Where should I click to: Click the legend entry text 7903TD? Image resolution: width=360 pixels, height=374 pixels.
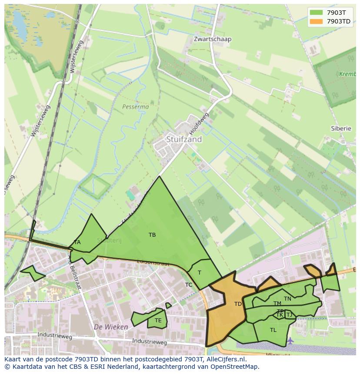click(x=339, y=21)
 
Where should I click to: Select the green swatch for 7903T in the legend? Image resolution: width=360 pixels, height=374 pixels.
click(x=317, y=13)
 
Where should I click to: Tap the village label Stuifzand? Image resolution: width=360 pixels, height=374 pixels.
click(x=184, y=139)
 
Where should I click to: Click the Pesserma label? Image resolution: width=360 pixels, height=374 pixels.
click(x=135, y=106)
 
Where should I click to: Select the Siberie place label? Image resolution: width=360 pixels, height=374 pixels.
click(x=341, y=129)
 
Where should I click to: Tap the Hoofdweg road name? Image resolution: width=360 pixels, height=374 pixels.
click(x=199, y=123)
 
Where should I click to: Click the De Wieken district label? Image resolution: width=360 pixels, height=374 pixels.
click(x=111, y=327)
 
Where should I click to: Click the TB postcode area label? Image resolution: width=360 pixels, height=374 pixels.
click(x=152, y=235)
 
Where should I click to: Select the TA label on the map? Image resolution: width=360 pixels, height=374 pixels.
click(x=77, y=242)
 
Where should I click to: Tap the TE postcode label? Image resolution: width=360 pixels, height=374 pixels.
click(x=158, y=321)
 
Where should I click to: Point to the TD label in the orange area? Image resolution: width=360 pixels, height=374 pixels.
click(x=238, y=304)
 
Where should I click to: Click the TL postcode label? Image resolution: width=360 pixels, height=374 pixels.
click(x=273, y=330)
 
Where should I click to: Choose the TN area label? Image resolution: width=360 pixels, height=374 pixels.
click(x=287, y=299)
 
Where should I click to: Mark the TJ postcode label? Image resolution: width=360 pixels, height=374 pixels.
click(x=289, y=315)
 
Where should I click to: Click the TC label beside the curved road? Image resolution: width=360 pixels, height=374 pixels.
click(x=189, y=285)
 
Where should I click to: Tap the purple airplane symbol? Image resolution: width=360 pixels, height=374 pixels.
click(x=290, y=340)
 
